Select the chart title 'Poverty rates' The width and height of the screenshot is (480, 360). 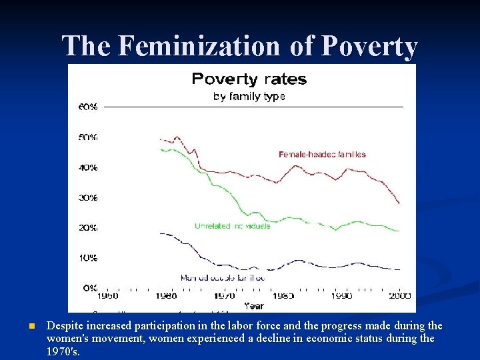[249, 79]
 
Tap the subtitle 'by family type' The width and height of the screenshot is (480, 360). [249, 97]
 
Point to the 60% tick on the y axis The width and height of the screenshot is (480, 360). [88, 107]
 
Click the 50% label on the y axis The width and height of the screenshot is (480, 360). [88, 137]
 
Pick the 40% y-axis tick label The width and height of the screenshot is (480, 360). [88, 167]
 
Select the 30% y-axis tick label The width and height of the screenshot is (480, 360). [88, 197]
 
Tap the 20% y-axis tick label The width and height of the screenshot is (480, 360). [88, 227]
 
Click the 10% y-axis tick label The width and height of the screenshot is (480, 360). [88, 257]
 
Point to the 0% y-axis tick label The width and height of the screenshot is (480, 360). [90, 287]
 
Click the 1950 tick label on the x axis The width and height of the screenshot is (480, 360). [108, 296]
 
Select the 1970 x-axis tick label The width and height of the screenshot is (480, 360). [225, 296]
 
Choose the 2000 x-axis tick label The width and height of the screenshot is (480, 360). [399, 296]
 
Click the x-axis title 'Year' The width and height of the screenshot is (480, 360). [253, 306]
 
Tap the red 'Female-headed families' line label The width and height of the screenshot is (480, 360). [322, 155]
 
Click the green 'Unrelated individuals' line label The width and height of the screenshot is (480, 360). [232, 226]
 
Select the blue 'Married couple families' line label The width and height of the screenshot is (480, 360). [223, 277]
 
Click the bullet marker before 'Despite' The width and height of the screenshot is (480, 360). [31, 327]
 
